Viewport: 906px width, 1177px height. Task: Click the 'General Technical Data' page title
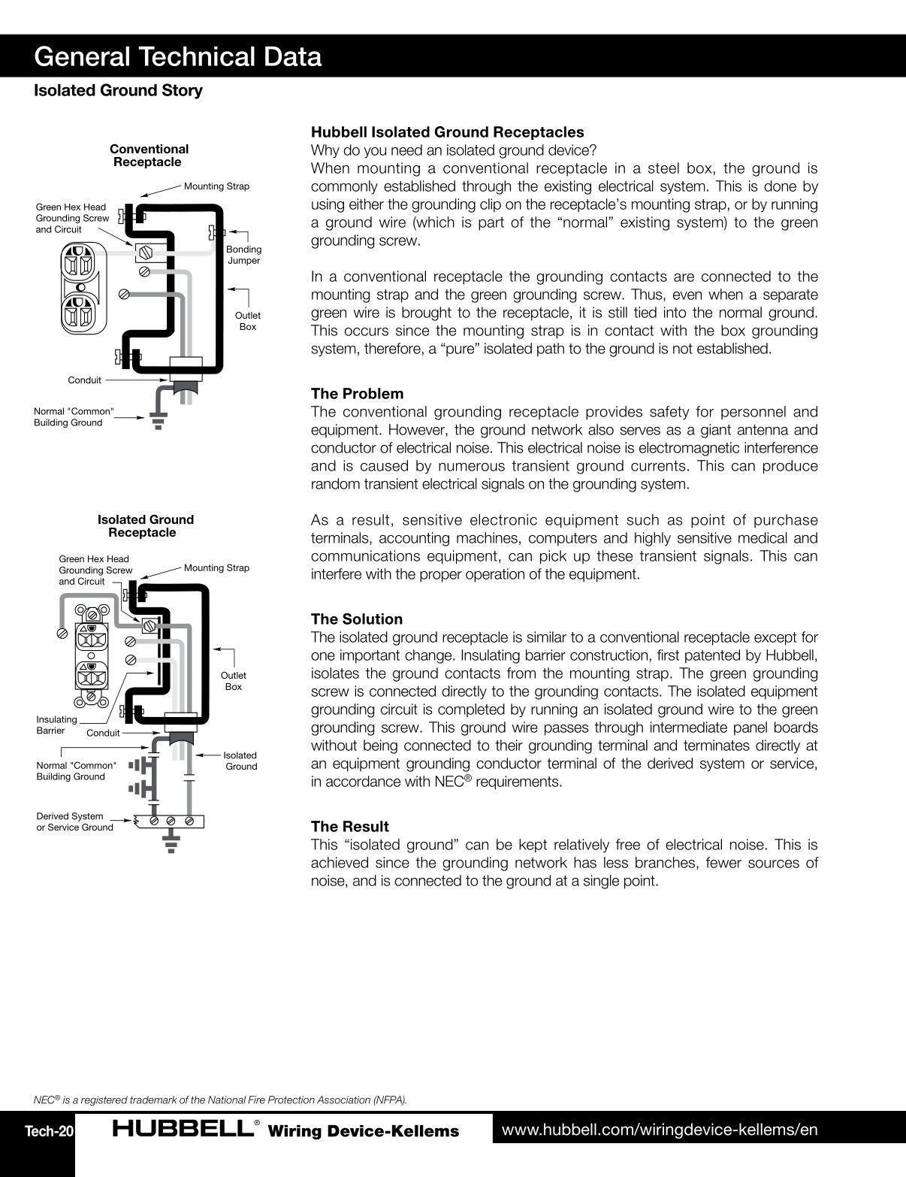pyautogui.click(x=178, y=57)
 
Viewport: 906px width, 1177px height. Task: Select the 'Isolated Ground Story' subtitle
pyautogui.click(x=118, y=91)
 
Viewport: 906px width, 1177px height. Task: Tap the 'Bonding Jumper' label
pyautogui.click(x=243, y=255)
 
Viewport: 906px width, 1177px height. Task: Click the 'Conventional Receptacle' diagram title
pyautogui.click(x=149, y=156)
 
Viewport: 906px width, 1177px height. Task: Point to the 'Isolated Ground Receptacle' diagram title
pyautogui.click(x=145, y=526)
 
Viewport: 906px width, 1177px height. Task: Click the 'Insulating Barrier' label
pyautogui.click(x=56, y=725)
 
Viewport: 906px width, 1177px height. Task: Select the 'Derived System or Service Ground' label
pyautogui.click(x=74, y=821)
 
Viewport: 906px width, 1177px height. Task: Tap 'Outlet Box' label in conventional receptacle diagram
pyautogui.click(x=247, y=321)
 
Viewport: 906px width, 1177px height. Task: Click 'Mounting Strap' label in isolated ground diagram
pyautogui.click(x=216, y=568)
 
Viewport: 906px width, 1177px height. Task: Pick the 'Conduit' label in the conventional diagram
pyautogui.click(x=84, y=380)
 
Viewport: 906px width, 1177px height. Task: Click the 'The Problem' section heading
pyautogui.click(x=357, y=394)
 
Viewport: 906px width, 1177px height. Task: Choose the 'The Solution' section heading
pyautogui.click(x=357, y=619)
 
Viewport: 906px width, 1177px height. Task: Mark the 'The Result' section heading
pyautogui.click(x=350, y=827)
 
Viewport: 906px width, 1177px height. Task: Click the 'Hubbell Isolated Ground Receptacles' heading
pyautogui.click(x=447, y=132)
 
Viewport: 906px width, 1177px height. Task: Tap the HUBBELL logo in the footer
pyautogui.click(x=183, y=1130)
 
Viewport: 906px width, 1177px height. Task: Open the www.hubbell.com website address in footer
pyautogui.click(x=659, y=1130)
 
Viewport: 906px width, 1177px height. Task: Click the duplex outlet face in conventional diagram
pyautogui.click(x=79, y=289)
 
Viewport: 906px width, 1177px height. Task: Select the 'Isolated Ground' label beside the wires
pyautogui.click(x=240, y=761)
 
